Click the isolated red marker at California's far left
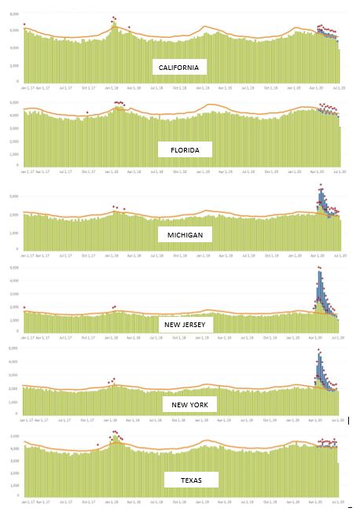24,24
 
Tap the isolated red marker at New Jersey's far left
24,307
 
